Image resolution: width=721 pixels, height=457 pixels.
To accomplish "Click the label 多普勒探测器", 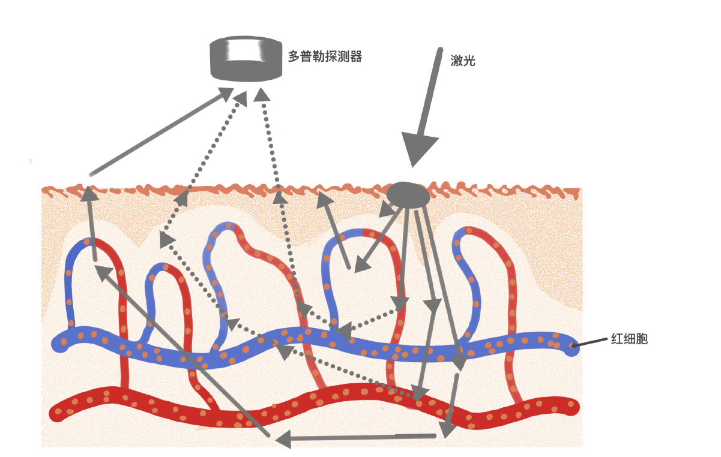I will click(325, 57).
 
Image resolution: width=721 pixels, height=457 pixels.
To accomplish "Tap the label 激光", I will click(463, 60).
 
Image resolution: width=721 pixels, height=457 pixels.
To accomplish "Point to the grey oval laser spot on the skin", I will click(408, 195).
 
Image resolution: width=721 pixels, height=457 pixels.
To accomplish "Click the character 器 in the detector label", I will click(355, 57).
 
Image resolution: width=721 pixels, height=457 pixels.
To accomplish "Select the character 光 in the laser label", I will click(469, 60).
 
